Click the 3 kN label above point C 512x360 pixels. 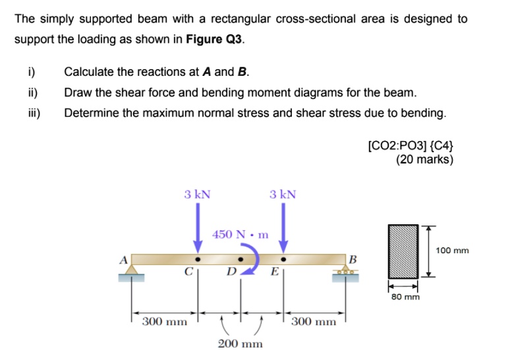(x=197, y=194)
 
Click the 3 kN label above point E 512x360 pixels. (x=283, y=194)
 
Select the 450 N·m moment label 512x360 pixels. (x=241, y=234)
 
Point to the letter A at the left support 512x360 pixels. (x=123, y=260)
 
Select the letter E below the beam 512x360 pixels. (x=275, y=271)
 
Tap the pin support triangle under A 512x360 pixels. (x=132, y=270)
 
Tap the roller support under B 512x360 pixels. (x=346, y=272)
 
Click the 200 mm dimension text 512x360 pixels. (x=240, y=344)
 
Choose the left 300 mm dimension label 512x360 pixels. (x=165, y=322)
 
